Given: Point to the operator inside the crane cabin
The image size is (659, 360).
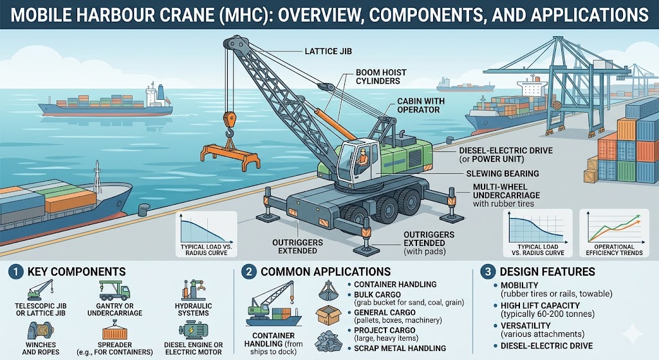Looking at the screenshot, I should pos(364,158).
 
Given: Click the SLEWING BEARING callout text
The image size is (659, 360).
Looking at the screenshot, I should pos(493,174).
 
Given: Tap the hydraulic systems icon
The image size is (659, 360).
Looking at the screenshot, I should pos(193,292).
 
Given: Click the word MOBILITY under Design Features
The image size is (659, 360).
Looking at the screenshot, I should pos(515,285).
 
